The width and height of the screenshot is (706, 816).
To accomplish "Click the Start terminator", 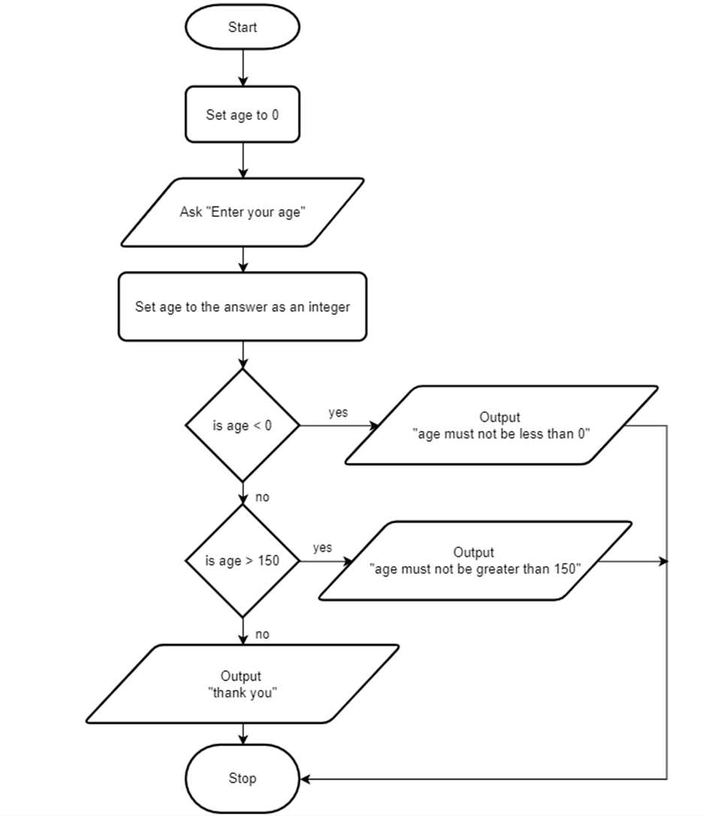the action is tap(243, 27).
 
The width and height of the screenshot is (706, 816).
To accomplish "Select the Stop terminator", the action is tap(243, 778).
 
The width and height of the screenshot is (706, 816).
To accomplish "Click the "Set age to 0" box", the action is tap(243, 115).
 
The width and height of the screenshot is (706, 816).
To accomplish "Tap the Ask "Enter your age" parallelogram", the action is tap(243, 212).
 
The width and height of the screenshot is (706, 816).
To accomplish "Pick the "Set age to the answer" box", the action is tap(243, 306).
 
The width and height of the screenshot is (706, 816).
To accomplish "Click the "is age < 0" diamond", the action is tap(243, 425).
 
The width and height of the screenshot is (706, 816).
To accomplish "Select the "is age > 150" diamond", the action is tap(243, 561).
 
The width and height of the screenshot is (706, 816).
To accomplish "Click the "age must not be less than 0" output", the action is tap(502, 425).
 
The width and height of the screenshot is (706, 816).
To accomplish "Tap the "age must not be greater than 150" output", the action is tap(475, 561).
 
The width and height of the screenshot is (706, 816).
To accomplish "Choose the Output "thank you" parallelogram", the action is tap(243, 684).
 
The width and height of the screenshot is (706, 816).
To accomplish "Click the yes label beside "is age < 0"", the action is tap(338, 413).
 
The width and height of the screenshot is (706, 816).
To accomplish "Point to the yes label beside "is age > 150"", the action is tap(322, 548).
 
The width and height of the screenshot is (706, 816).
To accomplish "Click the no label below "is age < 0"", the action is tap(262, 498).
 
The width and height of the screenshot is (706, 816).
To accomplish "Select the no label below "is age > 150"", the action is tap(262, 634).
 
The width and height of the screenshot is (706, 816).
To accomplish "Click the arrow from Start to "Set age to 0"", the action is tap(243, 68).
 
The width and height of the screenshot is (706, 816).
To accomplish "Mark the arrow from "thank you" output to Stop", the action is tap(243, 733).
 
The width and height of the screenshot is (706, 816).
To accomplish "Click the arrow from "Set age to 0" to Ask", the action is tap(243, 161).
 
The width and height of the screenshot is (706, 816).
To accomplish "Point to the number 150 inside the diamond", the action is tap(269, 561).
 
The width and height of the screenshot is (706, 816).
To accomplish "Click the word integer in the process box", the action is tap(329, 307).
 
